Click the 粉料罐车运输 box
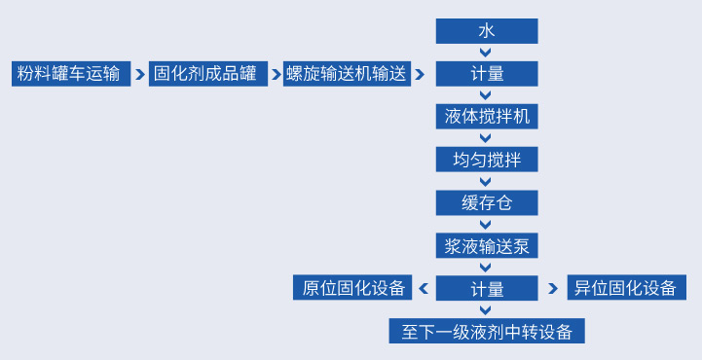(x=69, y=74)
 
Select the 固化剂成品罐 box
(x=207, y=74)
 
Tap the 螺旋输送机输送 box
(x=345, y=74)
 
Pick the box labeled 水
(x=486, y=31)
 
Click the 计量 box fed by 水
(x=486, y=74)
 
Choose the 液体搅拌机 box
(x=486, y=117)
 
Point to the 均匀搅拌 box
(x=486, y=160)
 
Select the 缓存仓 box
(x=486, y=202)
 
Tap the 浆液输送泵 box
(x=486, y=245)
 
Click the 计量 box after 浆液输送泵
(x=486, y=288)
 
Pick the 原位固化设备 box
(x=352, y=288)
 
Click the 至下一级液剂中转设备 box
(x=486, y=331)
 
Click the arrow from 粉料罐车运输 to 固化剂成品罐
(x=139, y=74)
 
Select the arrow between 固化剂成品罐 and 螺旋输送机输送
(x=276, y=74)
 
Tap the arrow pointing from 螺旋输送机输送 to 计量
(x=421, y=74)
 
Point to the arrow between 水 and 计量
(x=486, y=53)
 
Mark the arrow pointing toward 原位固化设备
(x=423, y=288)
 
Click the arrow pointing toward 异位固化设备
(x=553, y=288)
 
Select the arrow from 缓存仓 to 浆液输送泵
(x=486, y=224)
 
